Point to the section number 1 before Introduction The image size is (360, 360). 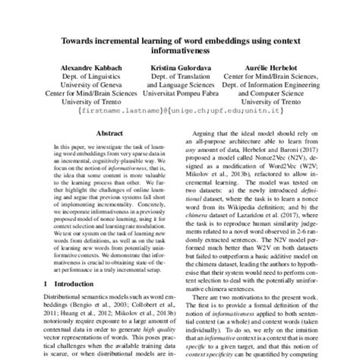point(33,304)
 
